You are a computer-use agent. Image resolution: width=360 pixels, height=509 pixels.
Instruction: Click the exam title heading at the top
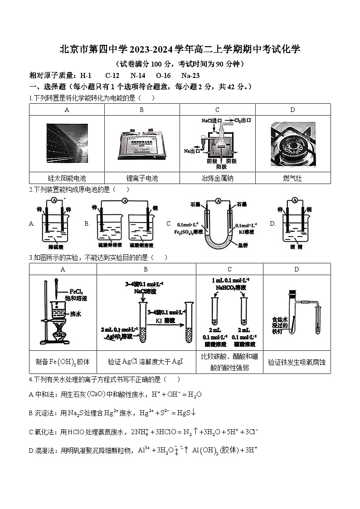(180, 49)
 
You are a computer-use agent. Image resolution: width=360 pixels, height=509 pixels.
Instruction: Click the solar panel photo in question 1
(67, 144)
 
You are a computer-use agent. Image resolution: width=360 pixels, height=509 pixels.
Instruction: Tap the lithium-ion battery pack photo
(141, 144)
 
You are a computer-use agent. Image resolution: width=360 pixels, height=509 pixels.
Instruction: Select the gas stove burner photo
(292, 144)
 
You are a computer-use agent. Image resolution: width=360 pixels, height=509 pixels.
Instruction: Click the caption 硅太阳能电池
(67, 178)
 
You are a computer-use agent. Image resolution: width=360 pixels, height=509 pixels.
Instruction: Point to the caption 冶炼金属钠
(217, 178)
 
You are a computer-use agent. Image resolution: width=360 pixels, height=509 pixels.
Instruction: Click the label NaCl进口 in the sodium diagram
(211, 121)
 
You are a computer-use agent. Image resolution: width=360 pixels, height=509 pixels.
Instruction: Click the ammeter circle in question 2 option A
(54, 200)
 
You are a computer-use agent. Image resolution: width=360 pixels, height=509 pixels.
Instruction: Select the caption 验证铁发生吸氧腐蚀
(297, 362)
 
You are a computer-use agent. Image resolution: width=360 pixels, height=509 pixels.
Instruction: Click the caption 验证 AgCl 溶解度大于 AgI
(146, 362)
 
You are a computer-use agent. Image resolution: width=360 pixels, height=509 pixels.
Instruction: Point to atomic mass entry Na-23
(190, 76)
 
